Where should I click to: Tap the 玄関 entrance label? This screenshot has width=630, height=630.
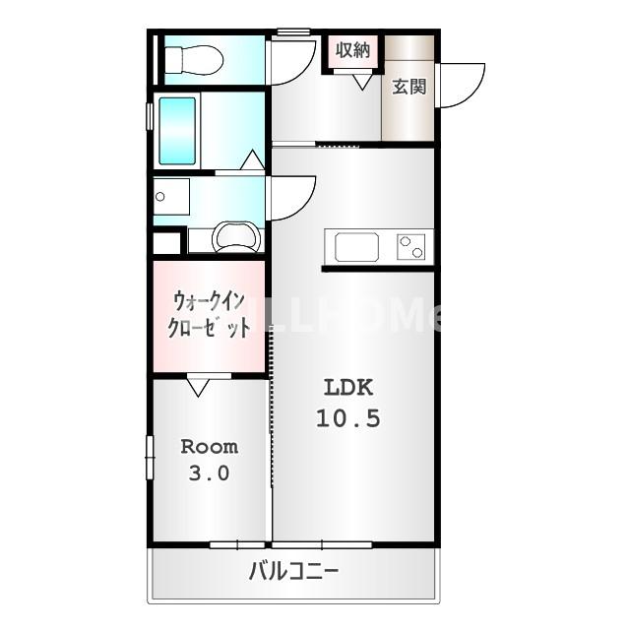pos(409,87)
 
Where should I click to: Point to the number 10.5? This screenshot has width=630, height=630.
pos(348,418)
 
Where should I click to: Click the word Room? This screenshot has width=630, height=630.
pos(209,447)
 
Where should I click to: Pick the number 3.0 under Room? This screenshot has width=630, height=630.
pos(209,473)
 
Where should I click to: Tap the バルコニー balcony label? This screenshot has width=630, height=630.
pos(293,570)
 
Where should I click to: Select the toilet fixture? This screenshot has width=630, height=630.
pos(193,61)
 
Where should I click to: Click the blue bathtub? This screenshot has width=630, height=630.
pos(178,131)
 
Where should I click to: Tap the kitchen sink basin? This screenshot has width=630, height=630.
pos(357,246)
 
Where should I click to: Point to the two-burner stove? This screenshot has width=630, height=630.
pos(411,246)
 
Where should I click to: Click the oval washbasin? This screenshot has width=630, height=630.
pos(236,237)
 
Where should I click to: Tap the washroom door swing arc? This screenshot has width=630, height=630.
pos(291,197)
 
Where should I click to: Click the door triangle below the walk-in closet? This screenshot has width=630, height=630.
pos(200,387)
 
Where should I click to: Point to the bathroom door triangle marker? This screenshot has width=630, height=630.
pos(253,160)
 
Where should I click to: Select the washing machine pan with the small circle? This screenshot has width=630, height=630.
pos(170,197)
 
